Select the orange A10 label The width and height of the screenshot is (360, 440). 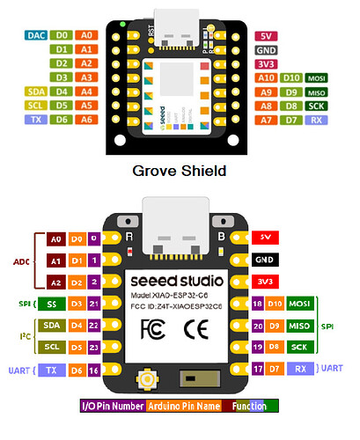click(265, 77)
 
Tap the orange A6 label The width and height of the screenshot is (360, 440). click(85, 118)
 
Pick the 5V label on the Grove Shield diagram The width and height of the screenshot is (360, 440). click(266, 36)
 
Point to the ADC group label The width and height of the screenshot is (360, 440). click(21, 261)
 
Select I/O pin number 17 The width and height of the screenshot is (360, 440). click(257, 369)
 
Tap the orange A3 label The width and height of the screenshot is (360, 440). click(85, 77)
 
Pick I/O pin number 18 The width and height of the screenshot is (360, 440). click(257, 304)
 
